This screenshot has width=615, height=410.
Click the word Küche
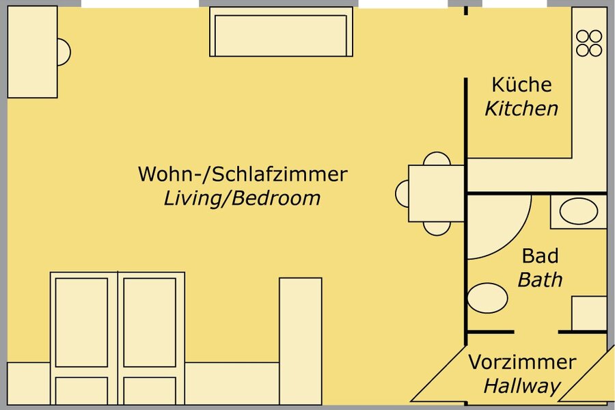(x=521, y=84)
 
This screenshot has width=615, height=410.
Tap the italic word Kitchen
(x=521, y=109)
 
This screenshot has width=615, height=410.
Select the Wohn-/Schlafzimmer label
(x=243, y=174)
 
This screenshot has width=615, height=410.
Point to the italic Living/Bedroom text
(x=242, y=198)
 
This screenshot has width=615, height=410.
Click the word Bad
(x=540, y=256)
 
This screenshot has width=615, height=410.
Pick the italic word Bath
(x=540, y=279)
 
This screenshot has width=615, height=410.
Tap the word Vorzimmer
(x=522, y=361)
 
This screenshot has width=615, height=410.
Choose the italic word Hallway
(x=522, y=386)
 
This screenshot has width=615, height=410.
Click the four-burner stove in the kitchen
(x=589, y=43)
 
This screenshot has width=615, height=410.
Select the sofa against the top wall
(x=281, y=32)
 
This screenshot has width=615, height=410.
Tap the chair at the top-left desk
(x=64, y=52)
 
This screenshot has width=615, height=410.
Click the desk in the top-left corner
(x=33, y=52)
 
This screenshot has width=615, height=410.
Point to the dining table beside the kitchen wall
(x=437, y=193)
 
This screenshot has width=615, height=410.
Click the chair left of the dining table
(x=402, y=193)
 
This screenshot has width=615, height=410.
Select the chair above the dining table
(x=437, y=159)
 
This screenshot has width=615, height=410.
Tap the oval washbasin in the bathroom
(x=579, y=211)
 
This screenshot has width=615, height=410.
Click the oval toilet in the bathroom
(x=487, y=298)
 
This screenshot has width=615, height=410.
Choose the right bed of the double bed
(x=151, y=338)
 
